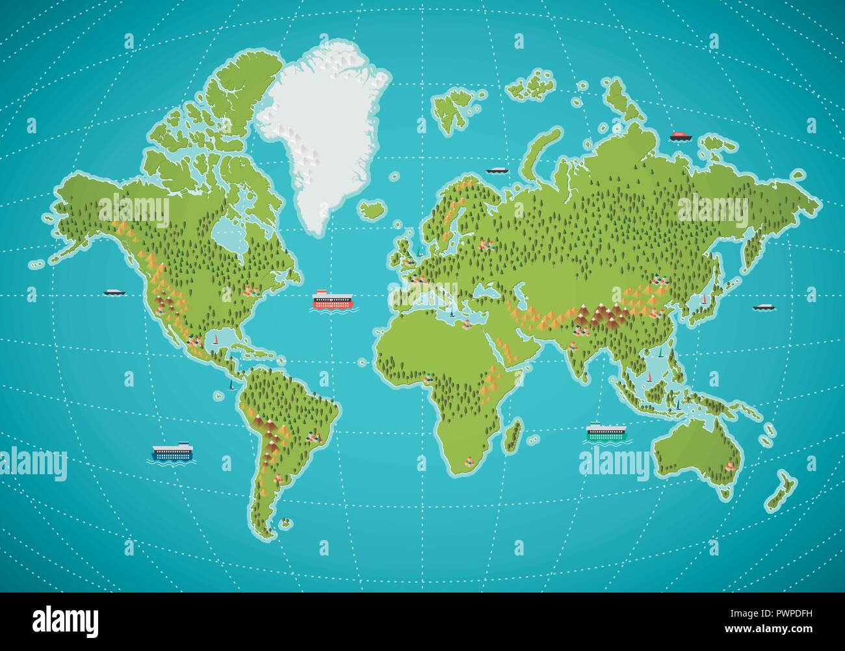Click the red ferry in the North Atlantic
[x=334, y=300]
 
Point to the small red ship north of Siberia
[x=681, y=136]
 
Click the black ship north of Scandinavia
[x=497, y=170]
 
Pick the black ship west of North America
[x=113, y=292]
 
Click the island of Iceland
[x=371, y=210]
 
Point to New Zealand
[x=780, y=491]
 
